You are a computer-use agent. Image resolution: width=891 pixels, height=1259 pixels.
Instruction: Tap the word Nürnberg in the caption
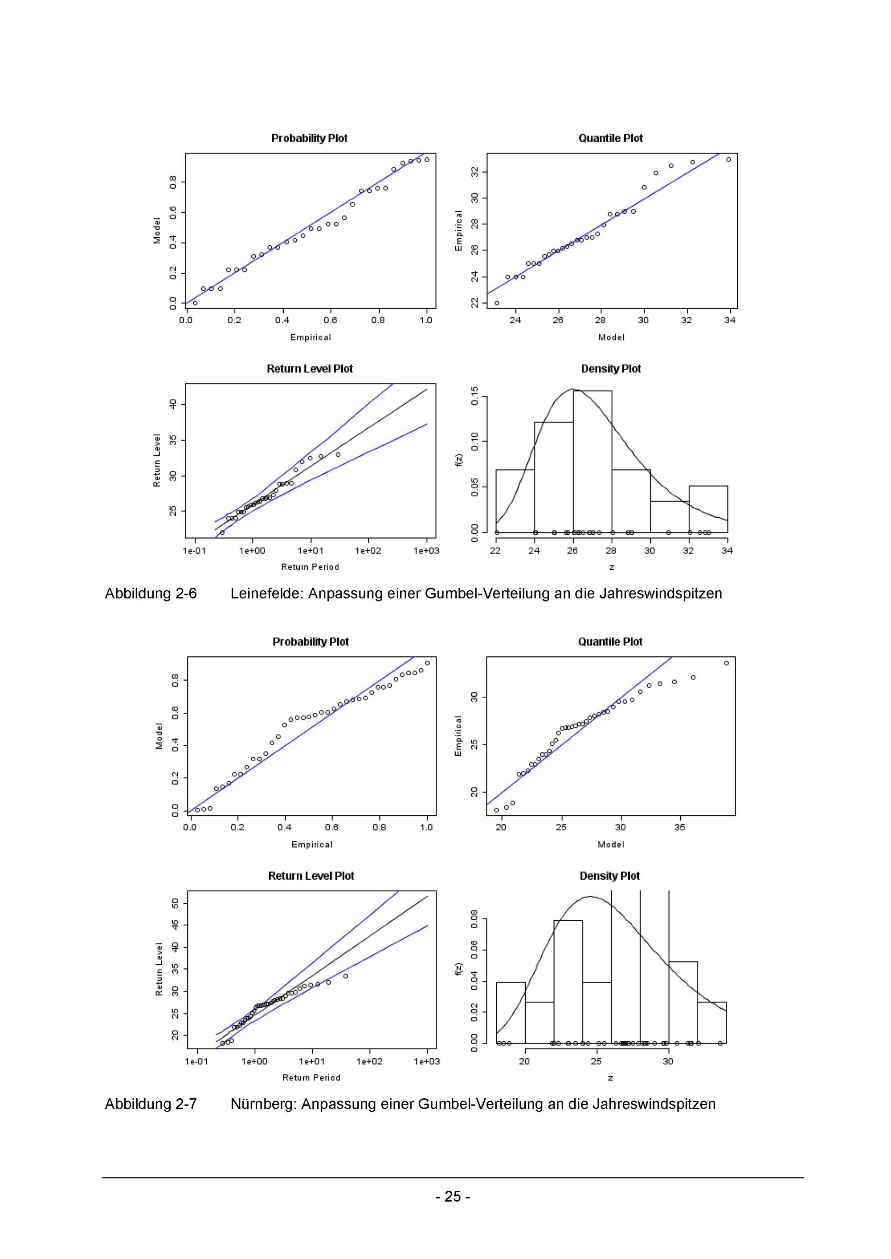263,1104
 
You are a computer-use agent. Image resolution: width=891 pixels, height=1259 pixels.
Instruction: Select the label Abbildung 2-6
150,593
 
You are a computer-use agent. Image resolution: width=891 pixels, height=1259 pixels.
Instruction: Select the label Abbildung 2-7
150,1104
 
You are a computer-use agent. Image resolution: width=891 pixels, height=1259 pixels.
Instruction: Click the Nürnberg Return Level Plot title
311,876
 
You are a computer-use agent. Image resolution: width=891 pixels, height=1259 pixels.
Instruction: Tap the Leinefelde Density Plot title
611,369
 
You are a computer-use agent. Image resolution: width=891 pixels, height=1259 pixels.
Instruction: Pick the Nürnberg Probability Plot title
311,642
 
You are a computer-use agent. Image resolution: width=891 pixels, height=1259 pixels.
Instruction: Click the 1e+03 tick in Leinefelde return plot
426,551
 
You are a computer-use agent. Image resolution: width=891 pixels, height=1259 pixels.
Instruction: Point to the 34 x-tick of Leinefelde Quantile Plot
729,320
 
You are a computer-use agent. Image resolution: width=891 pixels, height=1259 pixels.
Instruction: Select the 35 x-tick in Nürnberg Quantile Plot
679,828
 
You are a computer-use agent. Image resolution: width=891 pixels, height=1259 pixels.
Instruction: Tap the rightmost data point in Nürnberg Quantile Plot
727,663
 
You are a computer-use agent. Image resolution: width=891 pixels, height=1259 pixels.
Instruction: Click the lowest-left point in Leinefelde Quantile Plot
497,303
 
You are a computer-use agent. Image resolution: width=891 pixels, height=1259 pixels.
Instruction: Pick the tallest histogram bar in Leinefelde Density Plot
593,461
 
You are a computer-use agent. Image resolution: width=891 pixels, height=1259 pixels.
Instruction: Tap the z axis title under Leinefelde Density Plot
612,567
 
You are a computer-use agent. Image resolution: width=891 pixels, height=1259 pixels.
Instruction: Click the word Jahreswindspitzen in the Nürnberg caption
654,1104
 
